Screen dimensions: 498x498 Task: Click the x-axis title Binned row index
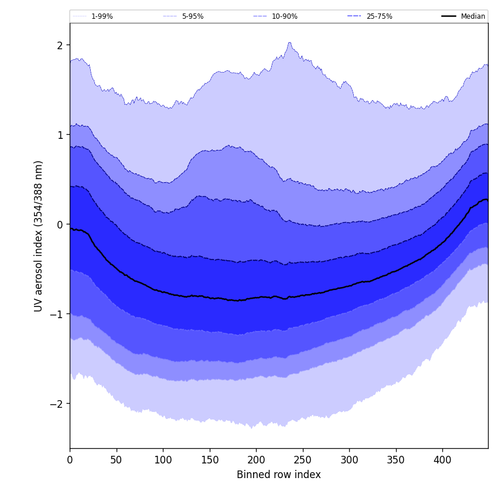[x=279, y=475]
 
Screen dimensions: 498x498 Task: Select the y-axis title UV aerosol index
[x=39, y=236]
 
